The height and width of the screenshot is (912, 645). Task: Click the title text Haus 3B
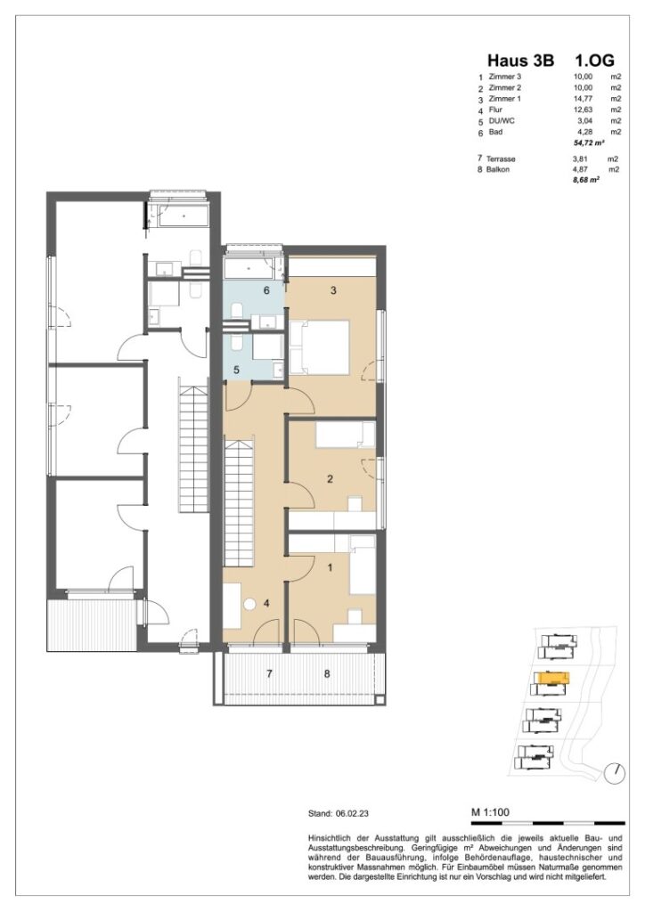(520, 61)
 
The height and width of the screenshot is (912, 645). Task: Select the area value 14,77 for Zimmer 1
(584, 99)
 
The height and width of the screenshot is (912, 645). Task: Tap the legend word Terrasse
(501, 159)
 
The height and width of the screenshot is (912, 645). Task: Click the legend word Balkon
(498, 168)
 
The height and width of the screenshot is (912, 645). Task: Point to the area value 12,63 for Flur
(584, 110)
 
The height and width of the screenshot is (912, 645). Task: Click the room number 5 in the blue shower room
(236, 370)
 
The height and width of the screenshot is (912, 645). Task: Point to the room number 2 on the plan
(330, 480)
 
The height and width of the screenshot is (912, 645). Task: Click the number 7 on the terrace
(268, 674)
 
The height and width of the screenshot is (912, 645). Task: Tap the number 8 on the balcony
(327, 674)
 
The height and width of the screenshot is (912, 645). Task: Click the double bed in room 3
(317, 347)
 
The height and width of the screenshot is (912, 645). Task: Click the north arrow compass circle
(613, 772)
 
